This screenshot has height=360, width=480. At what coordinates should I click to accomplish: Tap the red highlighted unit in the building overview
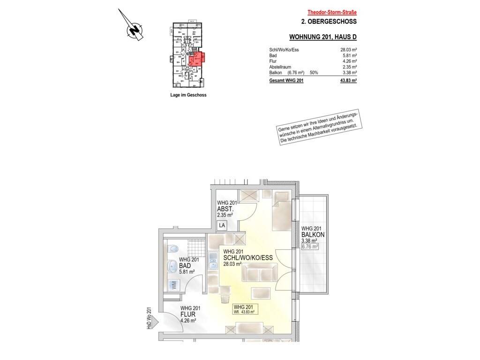coord(196,59)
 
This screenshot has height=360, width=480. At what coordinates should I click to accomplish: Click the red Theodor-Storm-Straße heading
coord(332,13)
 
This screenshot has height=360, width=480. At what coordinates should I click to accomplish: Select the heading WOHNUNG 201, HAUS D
coord(323,37)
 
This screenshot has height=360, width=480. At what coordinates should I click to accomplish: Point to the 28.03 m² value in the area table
coord(348,50)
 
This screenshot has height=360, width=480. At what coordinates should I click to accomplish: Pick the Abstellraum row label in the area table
coord(280,67)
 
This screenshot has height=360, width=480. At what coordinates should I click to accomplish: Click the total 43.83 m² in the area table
coord(348,81)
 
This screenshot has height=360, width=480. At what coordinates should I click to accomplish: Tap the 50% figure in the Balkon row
coord(314,73)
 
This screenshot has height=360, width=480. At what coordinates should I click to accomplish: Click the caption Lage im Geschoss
coord(188,95)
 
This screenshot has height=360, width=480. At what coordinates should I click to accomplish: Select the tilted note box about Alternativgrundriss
coord(320,127)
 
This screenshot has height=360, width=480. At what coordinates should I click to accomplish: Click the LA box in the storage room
coord(222,225)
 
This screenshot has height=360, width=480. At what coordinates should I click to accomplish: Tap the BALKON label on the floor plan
coord(313,235)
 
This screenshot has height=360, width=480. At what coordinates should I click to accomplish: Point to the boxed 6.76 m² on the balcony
coord(310,247)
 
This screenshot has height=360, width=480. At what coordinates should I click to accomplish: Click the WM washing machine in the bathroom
coord(173,285)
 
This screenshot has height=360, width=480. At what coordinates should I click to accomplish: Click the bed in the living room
coord(282,211)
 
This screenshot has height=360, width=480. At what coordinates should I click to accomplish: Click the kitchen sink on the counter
coord(212,260)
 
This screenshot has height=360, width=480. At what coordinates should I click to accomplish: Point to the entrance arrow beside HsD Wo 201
coord(156,322)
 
